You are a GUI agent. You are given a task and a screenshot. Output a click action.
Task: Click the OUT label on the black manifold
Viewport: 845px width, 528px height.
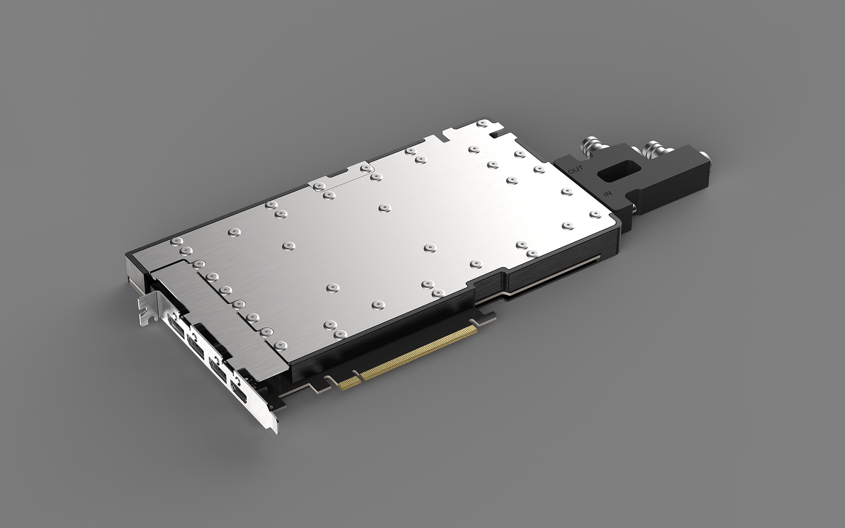coord(575,169)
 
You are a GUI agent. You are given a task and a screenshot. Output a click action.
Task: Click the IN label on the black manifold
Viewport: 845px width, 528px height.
coord(608,193)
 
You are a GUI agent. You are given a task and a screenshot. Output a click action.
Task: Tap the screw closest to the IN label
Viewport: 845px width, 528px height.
coord(595,214)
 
